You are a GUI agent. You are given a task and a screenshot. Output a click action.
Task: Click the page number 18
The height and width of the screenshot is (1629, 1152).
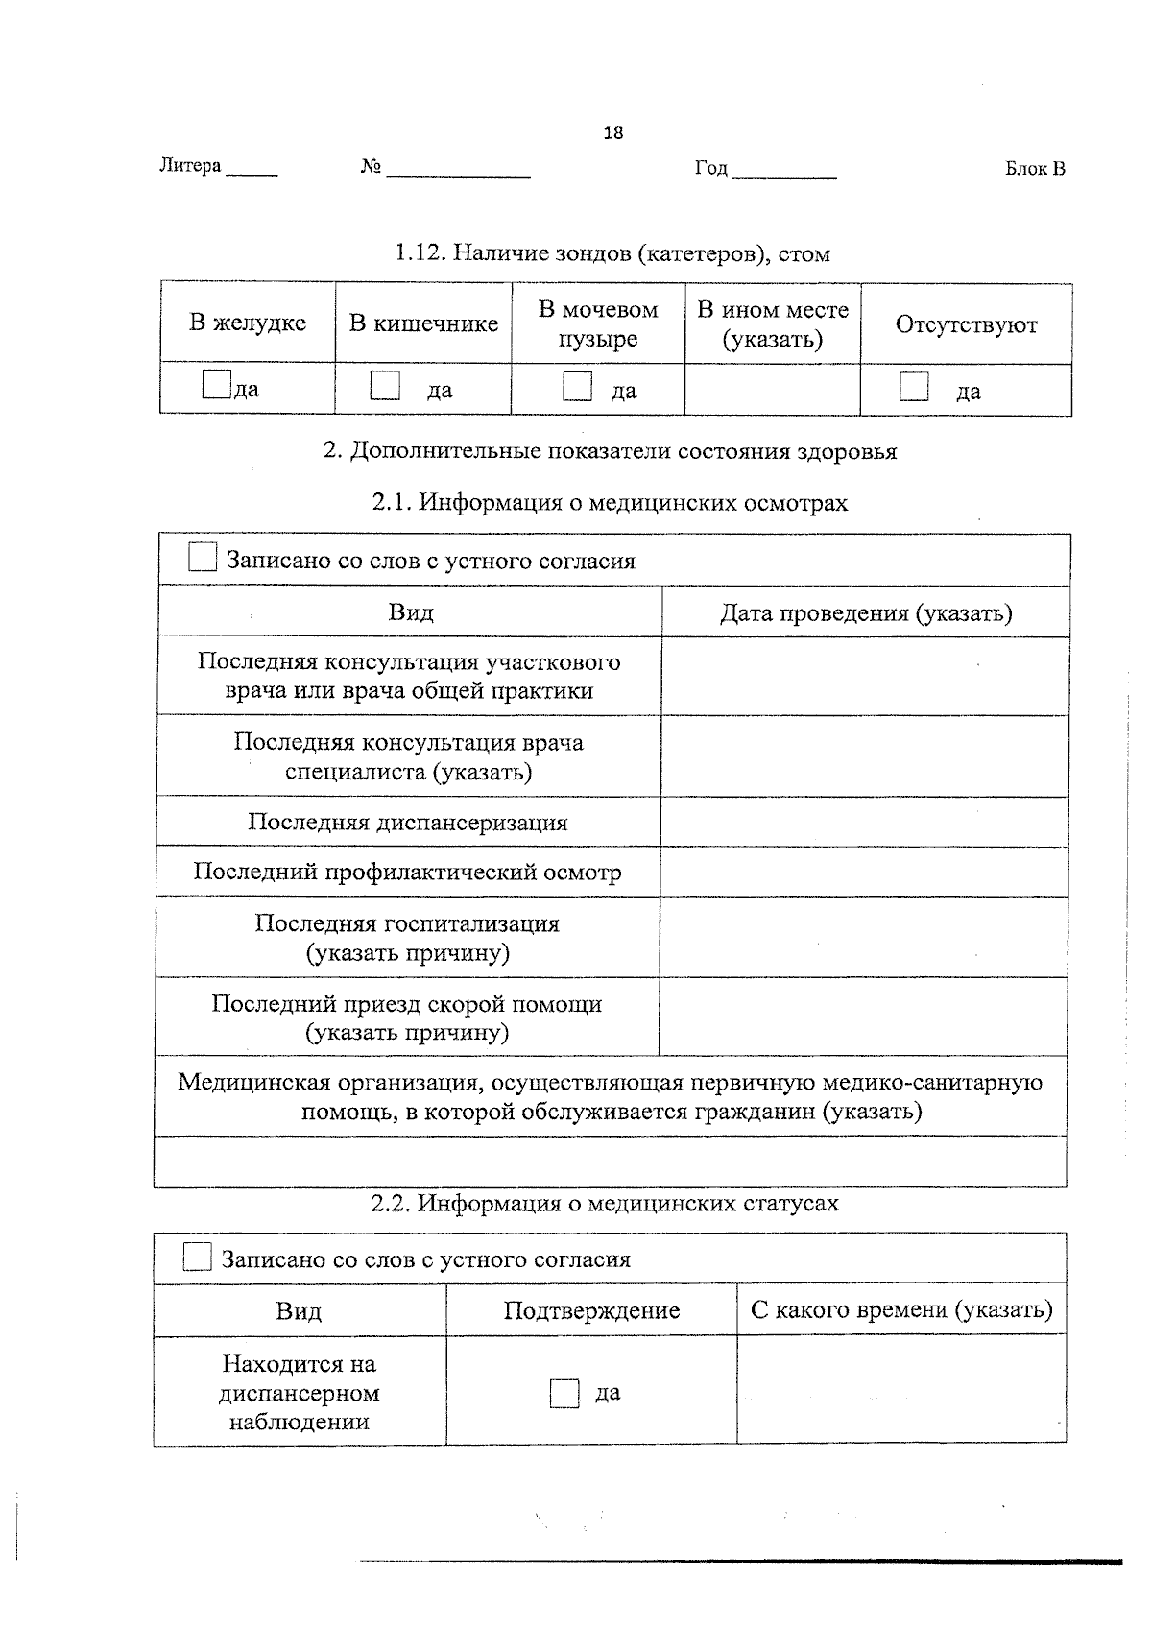(612, 132)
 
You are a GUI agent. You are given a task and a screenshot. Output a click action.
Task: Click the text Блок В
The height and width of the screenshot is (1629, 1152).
(1035, 169)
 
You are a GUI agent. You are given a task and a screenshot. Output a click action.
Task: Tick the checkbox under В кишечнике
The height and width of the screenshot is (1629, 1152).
(385, 386)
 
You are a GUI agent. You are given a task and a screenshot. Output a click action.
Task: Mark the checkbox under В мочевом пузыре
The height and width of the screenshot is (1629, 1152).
(577, 386)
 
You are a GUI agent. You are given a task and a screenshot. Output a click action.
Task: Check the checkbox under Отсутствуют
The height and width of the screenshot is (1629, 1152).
(914, 387)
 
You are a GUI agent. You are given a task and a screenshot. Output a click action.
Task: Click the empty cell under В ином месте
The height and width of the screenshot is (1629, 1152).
(772, 390)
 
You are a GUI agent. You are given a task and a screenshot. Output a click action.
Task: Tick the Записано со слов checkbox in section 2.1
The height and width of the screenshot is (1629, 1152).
(203, 558)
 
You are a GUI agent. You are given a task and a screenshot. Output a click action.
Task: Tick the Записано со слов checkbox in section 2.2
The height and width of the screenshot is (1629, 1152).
(197, 1257)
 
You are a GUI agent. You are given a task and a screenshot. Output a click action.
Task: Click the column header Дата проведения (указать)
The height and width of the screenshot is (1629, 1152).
(866, 612)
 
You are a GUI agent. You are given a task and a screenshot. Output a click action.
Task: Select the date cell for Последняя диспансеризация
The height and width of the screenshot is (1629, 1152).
(864, 822)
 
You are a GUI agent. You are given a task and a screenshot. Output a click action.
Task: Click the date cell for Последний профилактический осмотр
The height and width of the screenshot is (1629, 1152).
(864, 872)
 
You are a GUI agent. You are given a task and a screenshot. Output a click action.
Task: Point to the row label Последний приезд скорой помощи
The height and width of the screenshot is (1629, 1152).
(407, 1018)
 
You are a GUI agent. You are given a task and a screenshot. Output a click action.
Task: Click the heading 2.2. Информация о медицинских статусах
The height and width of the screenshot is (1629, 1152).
(605, 1203)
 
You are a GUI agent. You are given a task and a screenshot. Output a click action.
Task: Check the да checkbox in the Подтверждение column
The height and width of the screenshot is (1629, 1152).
(564, 1393)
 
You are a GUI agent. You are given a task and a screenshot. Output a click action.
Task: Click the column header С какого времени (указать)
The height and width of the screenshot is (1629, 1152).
(901, 1309)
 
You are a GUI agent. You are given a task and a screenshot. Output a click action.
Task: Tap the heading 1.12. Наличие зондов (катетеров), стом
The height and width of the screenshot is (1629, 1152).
(612, 253)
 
